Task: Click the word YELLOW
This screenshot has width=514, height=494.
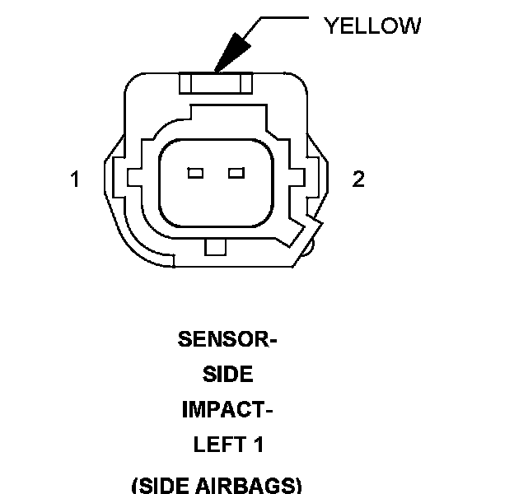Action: coord(372,26)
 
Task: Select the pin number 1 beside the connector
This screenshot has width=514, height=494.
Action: coord(75,179)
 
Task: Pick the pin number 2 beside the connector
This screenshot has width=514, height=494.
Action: coord(358,179)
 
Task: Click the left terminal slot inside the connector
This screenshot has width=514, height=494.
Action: coord(195,173)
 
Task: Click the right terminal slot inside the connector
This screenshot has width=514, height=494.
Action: coord(237,173)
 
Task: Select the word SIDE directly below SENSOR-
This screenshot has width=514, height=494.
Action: coord(227,374)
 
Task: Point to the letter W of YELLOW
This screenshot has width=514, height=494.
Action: coord(409,26)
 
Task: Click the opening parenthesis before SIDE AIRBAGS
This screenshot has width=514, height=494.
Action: coord(135,484)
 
